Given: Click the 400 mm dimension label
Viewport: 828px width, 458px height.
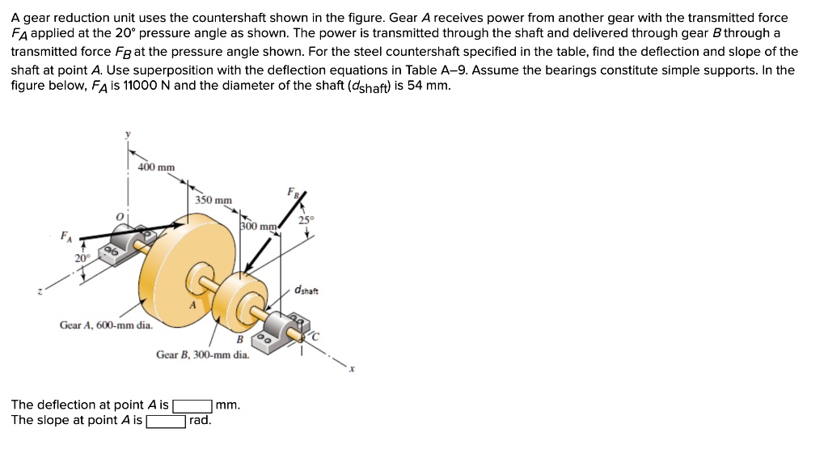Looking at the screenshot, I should pyautogui.click(x=156, y=168).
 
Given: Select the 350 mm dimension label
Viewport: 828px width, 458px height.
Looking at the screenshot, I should pyautogui.click(x=213, y=200).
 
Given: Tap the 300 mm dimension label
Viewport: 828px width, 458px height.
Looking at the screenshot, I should pyautogui.click(x=260, y=227).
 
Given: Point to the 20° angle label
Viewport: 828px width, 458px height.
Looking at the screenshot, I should pyautogui.click(x=82, y=258).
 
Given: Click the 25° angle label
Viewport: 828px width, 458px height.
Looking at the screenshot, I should pyautogui.click(x=305, y=219).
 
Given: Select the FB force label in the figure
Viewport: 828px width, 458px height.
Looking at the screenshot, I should pyautogui.click(x=292, y=192).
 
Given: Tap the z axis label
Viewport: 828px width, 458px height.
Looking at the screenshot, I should pyautogui.click(x=40, y=293).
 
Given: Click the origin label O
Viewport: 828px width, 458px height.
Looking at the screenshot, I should pyautogui.click(x=119, y=216).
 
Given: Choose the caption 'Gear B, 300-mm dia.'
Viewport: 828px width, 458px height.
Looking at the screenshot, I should pyautogui.click(x=202, y=354).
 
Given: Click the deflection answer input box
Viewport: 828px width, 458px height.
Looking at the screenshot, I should pyautogui.click(x=193, y=405).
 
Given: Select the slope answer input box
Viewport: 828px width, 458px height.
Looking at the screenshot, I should pyautogui.click(x=166, y=421).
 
